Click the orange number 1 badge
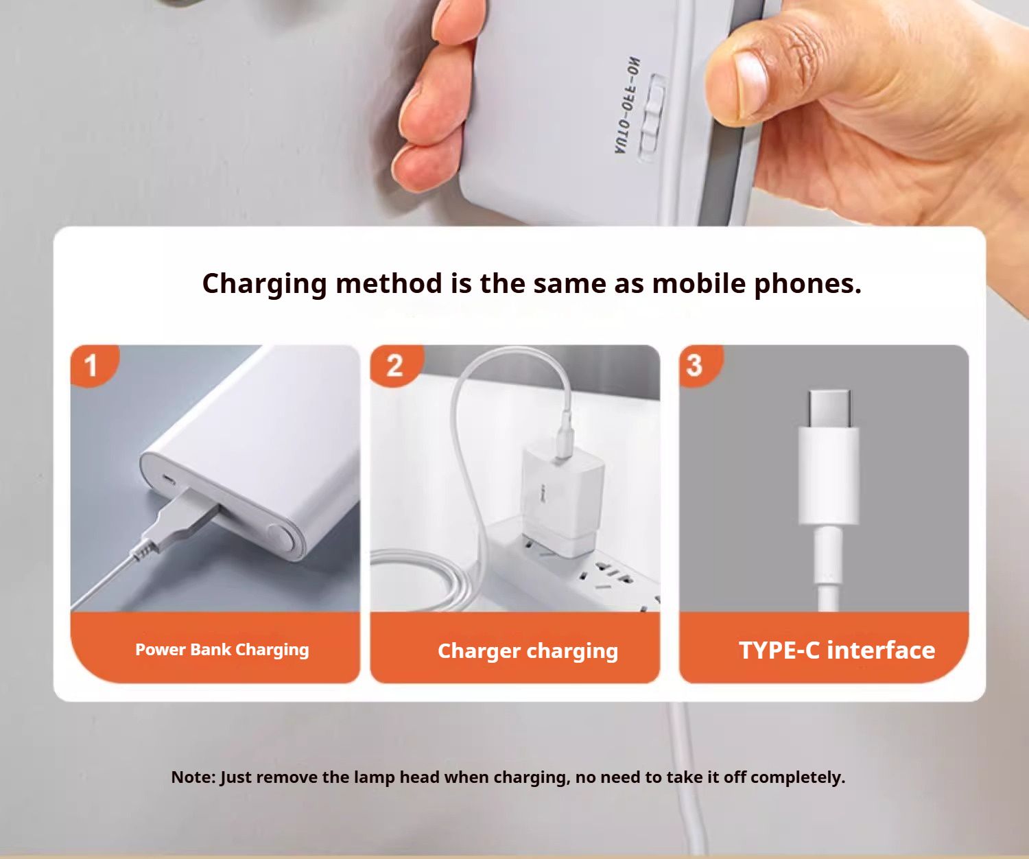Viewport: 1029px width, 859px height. coord(93,365)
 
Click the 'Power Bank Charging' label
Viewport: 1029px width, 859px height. coord(222,650)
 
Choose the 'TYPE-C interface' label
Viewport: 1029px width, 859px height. coord(837,650)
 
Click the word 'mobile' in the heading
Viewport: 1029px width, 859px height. coord(699,284)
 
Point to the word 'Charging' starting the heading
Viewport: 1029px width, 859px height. coord(265,285)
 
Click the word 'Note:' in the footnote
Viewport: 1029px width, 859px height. coord(193,777)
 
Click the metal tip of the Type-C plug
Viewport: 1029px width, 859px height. coord(829,408)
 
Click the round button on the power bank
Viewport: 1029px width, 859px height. coord(279,539)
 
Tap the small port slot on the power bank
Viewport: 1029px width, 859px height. coord(169,480)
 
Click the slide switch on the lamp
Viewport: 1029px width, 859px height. coord(652,118)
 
